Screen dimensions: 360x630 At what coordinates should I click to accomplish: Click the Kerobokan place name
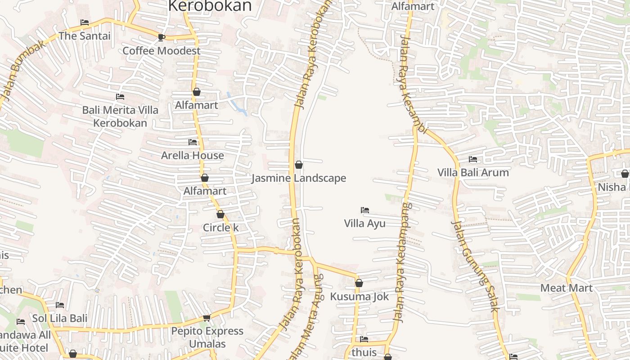click(210, 6)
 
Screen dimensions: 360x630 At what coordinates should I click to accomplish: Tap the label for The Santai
click(85, 36)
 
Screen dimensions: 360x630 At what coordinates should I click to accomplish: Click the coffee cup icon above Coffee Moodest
click(161, 37)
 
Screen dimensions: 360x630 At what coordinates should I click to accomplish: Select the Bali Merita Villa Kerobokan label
click(120, 117)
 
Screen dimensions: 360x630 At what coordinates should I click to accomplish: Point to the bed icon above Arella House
click(193, 142)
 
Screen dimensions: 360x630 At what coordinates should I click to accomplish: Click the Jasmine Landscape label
click(299, 178)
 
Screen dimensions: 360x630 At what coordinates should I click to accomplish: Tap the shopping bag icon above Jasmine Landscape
click(299, 165)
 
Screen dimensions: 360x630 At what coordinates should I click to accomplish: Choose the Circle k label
click(220, 228)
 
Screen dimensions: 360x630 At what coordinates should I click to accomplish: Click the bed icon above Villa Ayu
click(365, 210)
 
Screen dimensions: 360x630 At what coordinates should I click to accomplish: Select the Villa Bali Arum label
click(473, 173)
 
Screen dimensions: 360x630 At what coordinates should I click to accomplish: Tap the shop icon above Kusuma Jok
click(359, 283)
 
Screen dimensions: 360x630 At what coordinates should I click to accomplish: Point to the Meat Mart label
click(566, 288)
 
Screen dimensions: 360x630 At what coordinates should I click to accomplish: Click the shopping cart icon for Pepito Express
click(207, 318)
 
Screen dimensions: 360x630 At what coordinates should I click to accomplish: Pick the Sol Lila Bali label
click(59, 319)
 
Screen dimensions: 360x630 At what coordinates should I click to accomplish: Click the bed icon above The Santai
click(85, 22)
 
